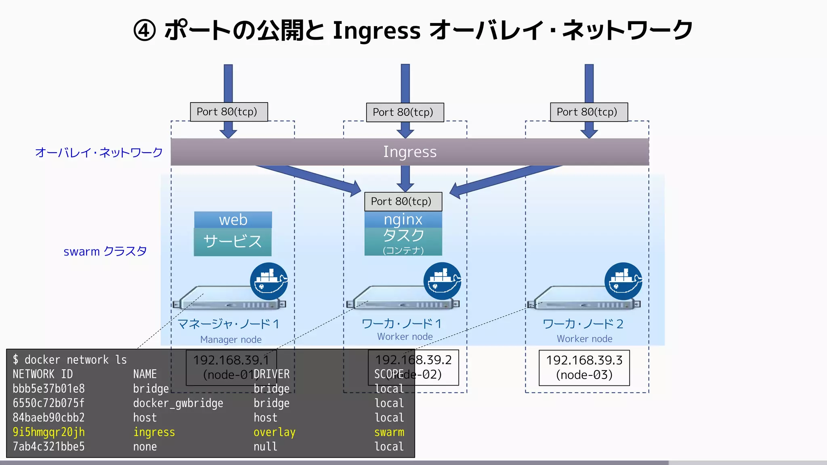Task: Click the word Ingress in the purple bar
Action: (409, 152)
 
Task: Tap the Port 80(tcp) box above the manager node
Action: (229, 112)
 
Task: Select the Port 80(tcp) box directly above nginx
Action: (403, 201)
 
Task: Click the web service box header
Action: (233, 220)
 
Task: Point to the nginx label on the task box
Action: (403, 220)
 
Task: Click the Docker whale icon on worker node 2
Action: (623, 281)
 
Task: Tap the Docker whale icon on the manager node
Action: (269, 281)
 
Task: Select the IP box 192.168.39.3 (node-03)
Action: (584, 367)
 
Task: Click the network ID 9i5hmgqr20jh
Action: (48, 432)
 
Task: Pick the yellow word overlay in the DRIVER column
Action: (274, 432)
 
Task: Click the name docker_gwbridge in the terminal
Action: (178, 403)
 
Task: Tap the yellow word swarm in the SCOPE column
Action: (389, 432)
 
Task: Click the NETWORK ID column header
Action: (42, 374)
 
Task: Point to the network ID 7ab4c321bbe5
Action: (48, 447)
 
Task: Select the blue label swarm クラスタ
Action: (105, 251)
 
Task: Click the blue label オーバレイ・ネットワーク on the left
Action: (99, 153)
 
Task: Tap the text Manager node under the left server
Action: (231, 339)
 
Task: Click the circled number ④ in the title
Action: (145, 31)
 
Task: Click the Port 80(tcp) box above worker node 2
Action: (588, 112)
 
